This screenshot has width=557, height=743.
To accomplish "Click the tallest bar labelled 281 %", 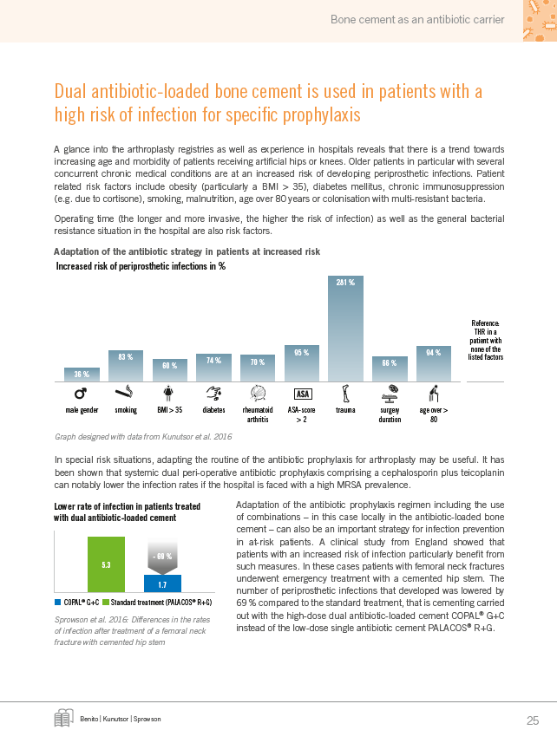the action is [x=345, y=329].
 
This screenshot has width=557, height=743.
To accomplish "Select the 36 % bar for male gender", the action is [x=82, y=375].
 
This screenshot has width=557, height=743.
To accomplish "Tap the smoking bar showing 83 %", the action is [x=126, y=366].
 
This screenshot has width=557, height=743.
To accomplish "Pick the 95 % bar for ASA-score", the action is [x=301, y=363].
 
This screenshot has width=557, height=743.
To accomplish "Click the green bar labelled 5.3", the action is [x=106, y=564].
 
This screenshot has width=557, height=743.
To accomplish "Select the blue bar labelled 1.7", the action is [x=162, y=583].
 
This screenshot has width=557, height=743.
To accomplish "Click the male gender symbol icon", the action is [x=81, y=394].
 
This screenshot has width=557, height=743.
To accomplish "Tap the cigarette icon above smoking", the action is [x=124, y=392].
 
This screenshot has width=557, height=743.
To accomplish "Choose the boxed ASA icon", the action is [x=303, y=394].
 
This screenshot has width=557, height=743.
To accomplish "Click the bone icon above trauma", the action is [x=345, y=394].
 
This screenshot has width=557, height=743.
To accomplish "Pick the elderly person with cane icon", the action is [x=433, y=394].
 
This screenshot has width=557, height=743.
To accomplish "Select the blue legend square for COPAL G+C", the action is [x=58, y=603].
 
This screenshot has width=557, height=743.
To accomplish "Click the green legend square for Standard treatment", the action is [x=106, y=603].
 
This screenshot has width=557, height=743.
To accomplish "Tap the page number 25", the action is [x=533, y=720].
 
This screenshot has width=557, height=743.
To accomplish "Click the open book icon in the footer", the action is [x=63, y=718].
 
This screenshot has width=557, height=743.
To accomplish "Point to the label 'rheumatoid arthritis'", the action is [x=258, y=414].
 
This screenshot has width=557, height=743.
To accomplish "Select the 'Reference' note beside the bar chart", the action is [x=485, y=340].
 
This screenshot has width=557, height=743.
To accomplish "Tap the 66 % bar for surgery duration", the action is [x=390, y=368].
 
